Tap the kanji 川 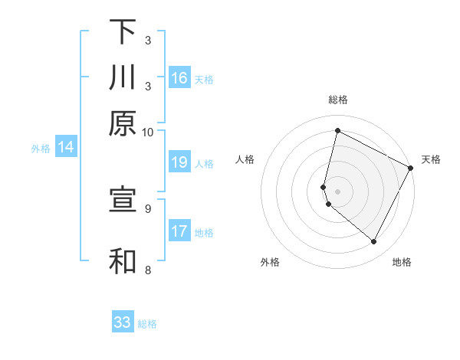click(x=123, y=77)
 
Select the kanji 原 click(x=123, y=123)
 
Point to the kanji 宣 click(x=123, y=200)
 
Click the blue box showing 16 click(x=179, y=78)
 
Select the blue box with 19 click(x=179, y=162)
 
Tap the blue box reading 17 click(x=179, y=231)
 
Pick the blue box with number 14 click(x=66, y=148)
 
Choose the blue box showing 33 click(x=123, y=322)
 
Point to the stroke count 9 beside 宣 click(x=148, y=208)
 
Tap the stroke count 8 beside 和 click(x=148, y=269)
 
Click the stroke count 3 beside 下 click(x=148, y=40)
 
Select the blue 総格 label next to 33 click(x=147, y=324)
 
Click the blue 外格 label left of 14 click(x=40, y=149)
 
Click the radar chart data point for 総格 click(x=337, y=131)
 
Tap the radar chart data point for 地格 click(x=374, y=242)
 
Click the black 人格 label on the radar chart click(x=245, y=159)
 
